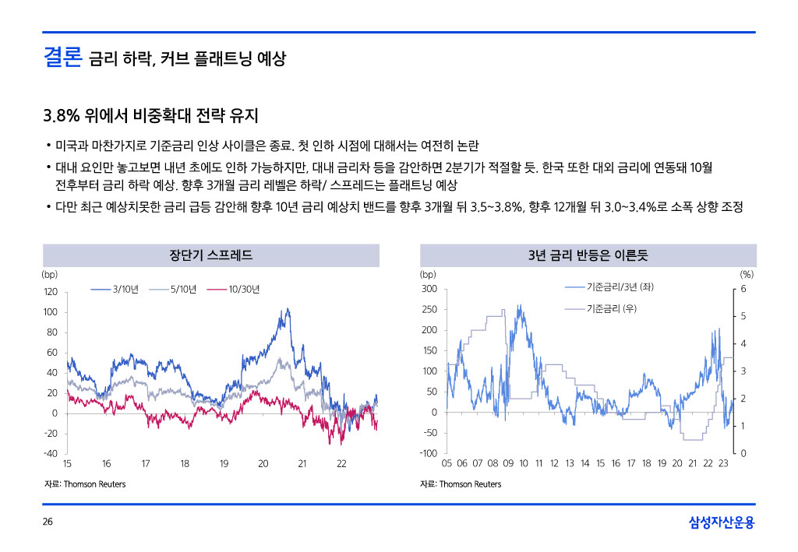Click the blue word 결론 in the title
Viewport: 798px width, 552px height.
(x=62, y=58)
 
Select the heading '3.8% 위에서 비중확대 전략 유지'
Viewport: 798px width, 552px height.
(x=150, y=116)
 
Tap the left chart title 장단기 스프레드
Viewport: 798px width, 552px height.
(x=210, y=255)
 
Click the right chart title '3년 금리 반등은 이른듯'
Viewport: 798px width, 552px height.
(x=588, y=255)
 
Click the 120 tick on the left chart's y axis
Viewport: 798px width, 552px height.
(x=50, y=292)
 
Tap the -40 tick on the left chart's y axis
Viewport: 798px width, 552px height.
(x=50, y=454)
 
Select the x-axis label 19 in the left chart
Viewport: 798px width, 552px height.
(x=224, y=465)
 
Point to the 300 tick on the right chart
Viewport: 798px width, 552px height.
(x=429, y=289)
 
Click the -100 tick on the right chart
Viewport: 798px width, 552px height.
(x=428, y=454)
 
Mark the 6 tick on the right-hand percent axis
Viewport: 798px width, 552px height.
(x=743, y=289)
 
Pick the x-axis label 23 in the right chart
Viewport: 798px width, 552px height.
(x=723, y=464)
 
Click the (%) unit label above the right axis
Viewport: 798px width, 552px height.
(x=747, y=274)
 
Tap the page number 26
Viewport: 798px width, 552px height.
(x=48, y=522)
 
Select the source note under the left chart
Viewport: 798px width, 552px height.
(x=84, y=484)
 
